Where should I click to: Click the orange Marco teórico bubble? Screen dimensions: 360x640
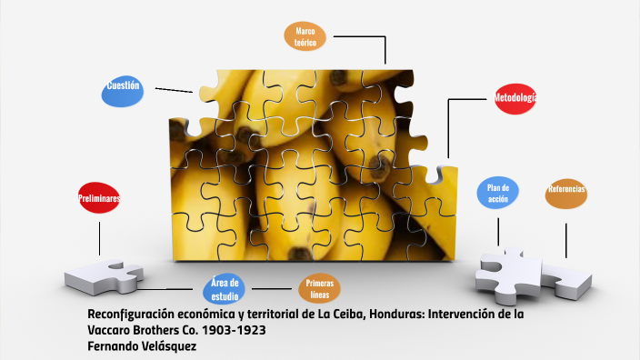coord(305,36)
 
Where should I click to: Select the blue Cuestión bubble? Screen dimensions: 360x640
coord(123,90)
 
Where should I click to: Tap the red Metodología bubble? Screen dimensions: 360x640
coord(515,97)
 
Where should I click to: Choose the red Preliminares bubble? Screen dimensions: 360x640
coord(100,197)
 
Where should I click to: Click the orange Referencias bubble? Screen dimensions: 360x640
coord(565,191)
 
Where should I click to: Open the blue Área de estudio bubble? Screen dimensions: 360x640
coord(225,289)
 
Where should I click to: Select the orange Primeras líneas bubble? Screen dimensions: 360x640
coord(320,289)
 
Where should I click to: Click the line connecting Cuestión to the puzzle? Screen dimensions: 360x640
coord(173,89)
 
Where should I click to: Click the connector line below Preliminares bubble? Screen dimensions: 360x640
coord(100,234)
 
